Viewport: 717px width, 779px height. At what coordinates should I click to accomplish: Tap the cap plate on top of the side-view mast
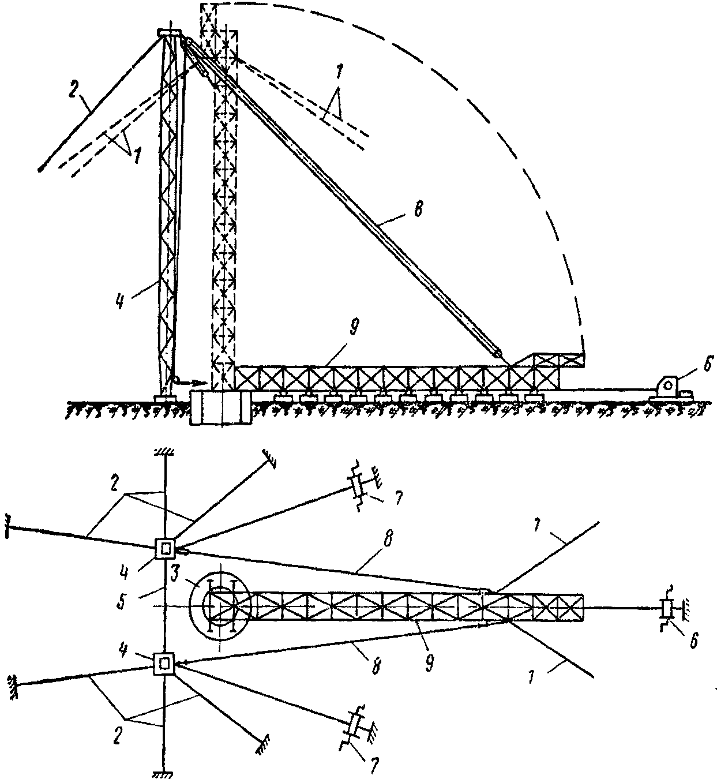[170, 33]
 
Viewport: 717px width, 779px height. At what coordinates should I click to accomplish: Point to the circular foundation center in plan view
[220, 606]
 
